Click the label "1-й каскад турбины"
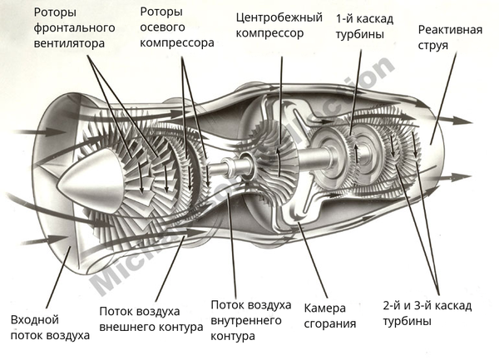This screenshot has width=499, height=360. click(365, 25)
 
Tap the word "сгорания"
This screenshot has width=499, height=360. click(330, 324)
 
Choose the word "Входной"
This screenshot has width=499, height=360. click(35, 320)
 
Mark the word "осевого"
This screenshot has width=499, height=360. click(162, 26)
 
